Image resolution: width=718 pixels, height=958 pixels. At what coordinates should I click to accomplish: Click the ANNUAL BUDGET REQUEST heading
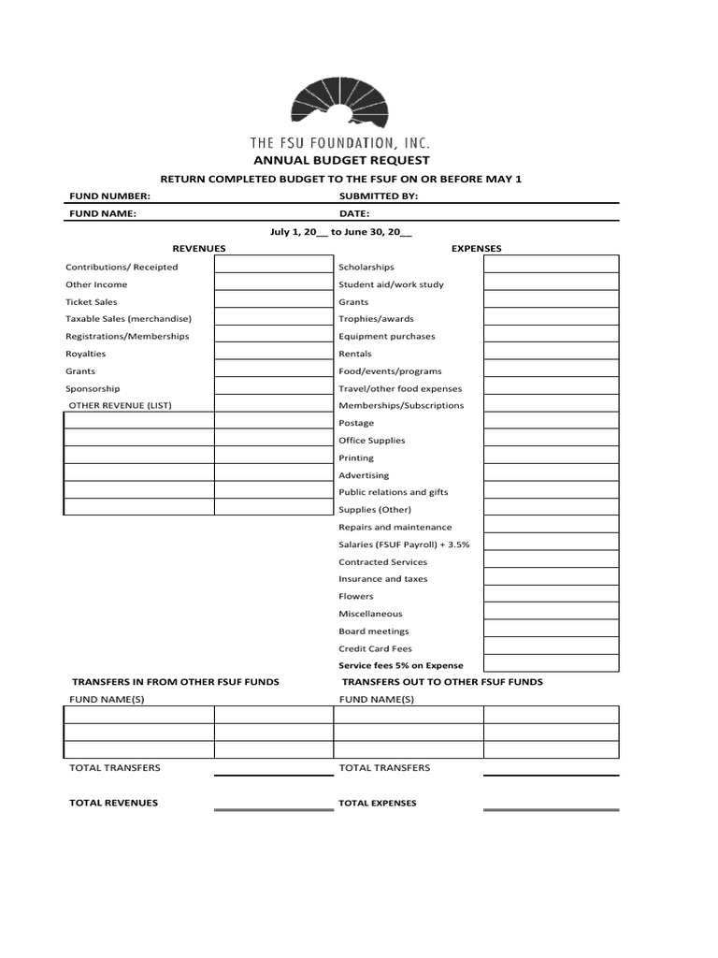tap(339, 160)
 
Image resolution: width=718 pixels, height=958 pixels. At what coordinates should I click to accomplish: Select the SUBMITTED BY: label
tap(378, 196)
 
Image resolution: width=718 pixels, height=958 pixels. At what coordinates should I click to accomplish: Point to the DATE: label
tap(354, 213)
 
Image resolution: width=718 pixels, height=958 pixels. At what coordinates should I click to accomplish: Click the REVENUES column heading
tap(199, 248)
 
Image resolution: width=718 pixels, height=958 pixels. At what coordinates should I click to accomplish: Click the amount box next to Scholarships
tap(551, 267)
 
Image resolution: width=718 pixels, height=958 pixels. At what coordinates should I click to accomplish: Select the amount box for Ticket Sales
tap(273, 302)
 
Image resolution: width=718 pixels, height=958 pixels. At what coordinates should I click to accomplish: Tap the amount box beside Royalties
tap(273, 354)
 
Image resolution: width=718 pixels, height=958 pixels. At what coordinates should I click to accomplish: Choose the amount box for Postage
tap(551, 423)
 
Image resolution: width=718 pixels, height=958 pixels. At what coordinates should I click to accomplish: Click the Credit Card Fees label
tap(375, 648)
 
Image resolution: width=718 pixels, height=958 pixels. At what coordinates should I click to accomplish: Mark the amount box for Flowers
tap(551, 596)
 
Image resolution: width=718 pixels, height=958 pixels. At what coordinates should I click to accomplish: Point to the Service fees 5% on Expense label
tap(401, 665)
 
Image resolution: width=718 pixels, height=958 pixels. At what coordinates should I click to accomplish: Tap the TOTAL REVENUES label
tap(113, 803)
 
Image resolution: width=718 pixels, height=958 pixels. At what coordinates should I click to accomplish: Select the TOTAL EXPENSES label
tap(378, 803)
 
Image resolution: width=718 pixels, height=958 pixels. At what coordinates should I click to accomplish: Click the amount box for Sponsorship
tap(273, 388)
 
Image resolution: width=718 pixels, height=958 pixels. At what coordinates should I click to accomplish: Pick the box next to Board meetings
tap(551, 631)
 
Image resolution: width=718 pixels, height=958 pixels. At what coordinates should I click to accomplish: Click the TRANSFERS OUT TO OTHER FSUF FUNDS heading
tap(442, 682)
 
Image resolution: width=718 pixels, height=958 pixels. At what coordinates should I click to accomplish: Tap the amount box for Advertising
tap(551, 475)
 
